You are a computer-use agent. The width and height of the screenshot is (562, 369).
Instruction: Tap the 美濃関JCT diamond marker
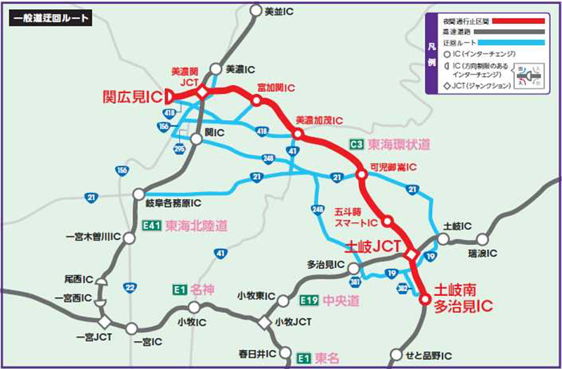click(x=202, y=93)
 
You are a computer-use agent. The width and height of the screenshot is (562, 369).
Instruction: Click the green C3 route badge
click(x=356, y=145)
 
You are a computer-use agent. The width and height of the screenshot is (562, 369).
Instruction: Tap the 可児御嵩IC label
click(x=393, y=168)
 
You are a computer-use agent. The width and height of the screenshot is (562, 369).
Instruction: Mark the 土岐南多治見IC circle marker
click(x=424, y=299)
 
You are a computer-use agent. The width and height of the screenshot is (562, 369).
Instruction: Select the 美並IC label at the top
click(x=280, y=11)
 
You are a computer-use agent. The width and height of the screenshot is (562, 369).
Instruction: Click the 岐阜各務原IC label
click(x=174, y=203)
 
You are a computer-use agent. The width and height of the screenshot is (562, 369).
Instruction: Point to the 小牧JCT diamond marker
click(x=263, y=322)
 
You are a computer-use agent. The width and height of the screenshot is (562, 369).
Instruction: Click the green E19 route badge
click(x=309, y=301)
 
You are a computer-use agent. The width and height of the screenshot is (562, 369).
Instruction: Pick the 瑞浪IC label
click(x=483, y=253)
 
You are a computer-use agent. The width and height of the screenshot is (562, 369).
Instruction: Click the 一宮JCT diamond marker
click(x=104, y=322)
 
